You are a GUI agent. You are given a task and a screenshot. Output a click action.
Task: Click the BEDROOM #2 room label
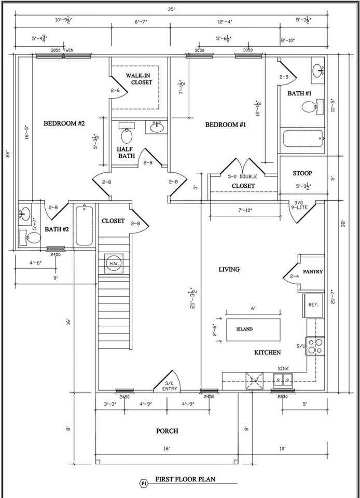pos(64,123)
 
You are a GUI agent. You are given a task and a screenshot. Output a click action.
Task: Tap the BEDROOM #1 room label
pos(225,125)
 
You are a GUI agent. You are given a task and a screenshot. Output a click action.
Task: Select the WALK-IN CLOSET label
pos(139,79)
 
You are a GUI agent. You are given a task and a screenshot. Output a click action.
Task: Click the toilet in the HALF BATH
pos(126,134)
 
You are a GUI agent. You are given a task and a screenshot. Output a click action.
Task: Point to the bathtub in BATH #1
pos(302,140)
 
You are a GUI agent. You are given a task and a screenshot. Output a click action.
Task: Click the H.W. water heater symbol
pos(114,262)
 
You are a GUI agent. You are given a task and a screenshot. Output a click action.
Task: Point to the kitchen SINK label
pos(283,368)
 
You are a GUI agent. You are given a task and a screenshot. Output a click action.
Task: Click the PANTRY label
pos(313,271)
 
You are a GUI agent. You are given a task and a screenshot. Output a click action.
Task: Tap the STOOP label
pos(302,173)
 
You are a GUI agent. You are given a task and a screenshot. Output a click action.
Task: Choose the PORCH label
pos(167,431)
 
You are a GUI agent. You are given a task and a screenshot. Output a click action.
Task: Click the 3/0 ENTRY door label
pos(170,386)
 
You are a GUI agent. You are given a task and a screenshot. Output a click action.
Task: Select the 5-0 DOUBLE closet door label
pos(241,177)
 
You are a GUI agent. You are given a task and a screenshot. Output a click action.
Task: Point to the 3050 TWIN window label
pos(62,50)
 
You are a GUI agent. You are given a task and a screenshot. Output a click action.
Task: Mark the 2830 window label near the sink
pos(283,397)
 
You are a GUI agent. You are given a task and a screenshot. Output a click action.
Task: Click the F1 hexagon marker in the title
pos(143,483)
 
